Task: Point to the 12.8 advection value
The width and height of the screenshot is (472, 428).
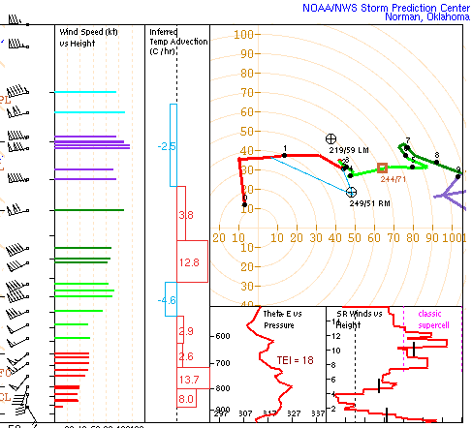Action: pyautogui.click(x=189, y=262)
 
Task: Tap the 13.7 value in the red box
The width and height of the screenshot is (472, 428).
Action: pyautogui.click(x=189, y=379)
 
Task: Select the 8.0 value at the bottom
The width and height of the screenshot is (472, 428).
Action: pyautogui.click(x=187, y=398)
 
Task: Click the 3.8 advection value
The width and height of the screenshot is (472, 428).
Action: pyautogui.click(x=187, y=214)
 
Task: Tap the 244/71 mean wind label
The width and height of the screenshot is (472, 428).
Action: pyautogui.click(x=393, y=178)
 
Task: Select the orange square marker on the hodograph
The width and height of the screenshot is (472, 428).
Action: pyautogui.click(x=382, y=168)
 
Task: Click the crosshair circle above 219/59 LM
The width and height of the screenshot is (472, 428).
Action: pyautogui.click(x=331, y=139)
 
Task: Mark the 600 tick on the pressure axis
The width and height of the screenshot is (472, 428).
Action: pyautogui.click(x=222, y=336)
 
